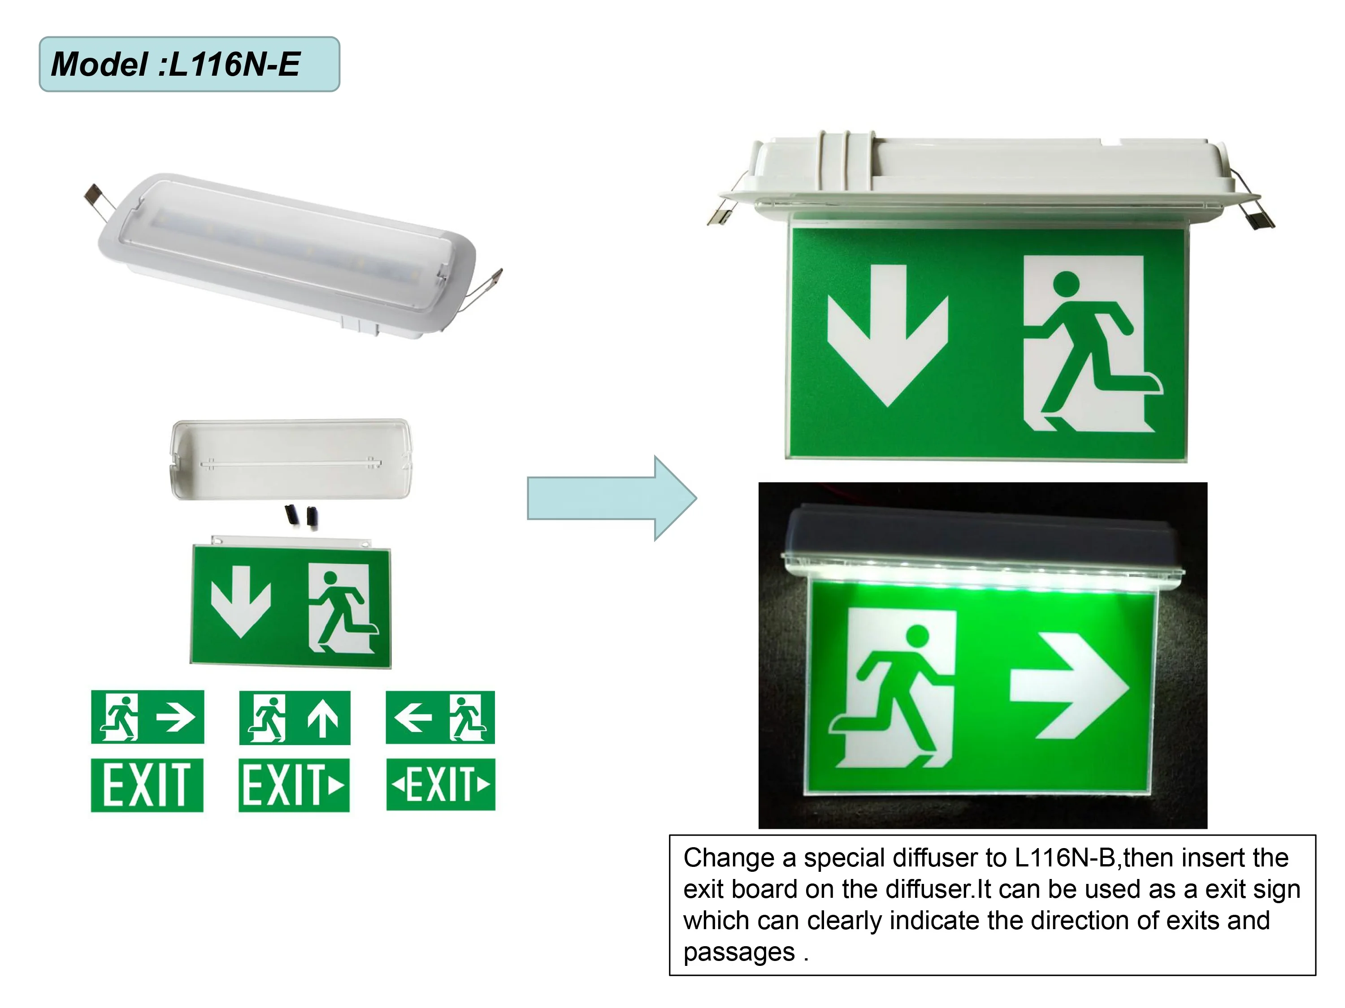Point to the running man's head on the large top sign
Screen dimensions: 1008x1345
(1066, 284)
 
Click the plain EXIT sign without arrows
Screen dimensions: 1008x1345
(147, 784)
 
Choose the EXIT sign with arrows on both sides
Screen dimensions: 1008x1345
(441, 784)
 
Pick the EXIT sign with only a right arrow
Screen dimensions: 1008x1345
(294, 784)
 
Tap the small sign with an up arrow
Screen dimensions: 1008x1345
(295, 718)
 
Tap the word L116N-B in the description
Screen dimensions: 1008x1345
(1064, 858)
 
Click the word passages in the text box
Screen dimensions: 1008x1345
(739, 952)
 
